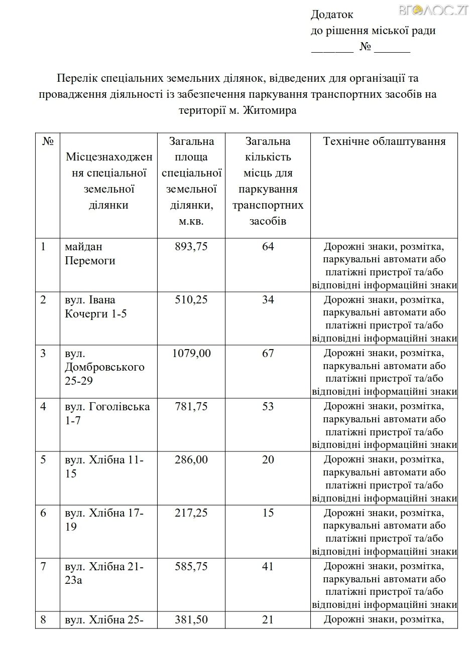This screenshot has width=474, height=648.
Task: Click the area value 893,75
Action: (191, 247)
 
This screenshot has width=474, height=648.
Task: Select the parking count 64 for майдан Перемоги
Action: (268, 247)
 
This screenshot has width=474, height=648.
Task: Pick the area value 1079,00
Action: (191, 354)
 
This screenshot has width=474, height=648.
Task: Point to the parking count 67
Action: (268, 354)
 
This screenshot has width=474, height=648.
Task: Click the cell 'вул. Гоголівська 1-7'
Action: (107, 413)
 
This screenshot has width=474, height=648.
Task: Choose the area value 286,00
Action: (191, 460)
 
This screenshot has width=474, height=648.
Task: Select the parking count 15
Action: (268, 513)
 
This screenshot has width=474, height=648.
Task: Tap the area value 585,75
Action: (191, 567)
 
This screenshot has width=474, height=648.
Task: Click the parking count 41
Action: (268, 567)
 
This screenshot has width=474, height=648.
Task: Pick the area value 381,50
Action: (191, 620)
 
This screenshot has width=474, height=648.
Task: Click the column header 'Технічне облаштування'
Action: (385, 141)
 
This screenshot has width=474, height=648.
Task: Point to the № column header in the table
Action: (48, 141)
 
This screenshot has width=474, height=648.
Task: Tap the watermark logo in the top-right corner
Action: (440, 10)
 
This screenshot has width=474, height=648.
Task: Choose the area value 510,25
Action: (191, 300)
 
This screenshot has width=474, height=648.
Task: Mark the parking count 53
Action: (268, 407)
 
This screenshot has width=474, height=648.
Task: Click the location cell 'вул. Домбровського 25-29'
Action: (104, 367)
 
